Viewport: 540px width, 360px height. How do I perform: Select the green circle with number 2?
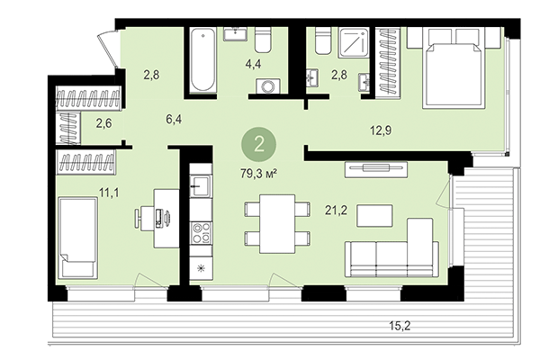coord(259,143)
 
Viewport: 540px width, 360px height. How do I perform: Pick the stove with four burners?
coord(201,231)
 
